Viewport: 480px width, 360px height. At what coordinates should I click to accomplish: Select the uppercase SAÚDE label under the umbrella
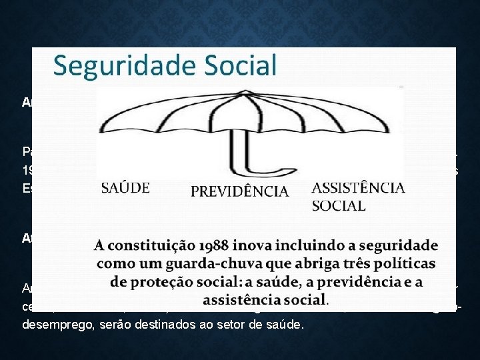coord(126,189)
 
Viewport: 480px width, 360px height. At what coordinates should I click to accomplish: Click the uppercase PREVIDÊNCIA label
coord(239,191)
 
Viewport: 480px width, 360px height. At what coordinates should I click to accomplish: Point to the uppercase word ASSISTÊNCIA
coord(359,187)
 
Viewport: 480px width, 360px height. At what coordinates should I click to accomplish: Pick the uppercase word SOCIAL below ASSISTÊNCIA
coord(339,205)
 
